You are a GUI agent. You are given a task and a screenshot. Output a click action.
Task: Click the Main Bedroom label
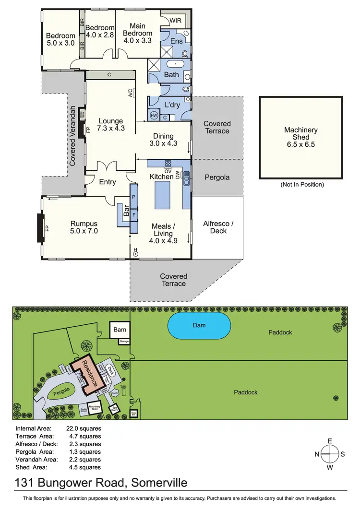pyautogui.click(x=137, y=33)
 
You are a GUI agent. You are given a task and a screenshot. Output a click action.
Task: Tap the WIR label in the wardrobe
pyautogui.click(x=175, y=21)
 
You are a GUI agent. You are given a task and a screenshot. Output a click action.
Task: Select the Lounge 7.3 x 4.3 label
pyautogui.click(x=111, y=125)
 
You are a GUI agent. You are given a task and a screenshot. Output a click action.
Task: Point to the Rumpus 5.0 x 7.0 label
pyautogui.click(x=84, y=227)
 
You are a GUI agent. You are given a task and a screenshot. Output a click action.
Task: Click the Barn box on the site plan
pyautogui.click(x=119, y=330)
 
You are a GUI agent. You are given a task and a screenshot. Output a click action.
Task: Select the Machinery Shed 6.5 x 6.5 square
pyautogui.click(x=301, y=137)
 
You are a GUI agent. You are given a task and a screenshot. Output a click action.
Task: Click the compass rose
pyautogui.click(x=329, y=453)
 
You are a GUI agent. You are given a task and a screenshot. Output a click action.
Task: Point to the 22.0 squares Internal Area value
pyautogui.click(x=84, y=428)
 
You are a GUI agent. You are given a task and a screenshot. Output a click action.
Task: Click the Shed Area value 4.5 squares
pyautogui.click(x=84, y=467)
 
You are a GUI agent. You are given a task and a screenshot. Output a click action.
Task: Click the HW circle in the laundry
pyautogui.click(x=154, y=116)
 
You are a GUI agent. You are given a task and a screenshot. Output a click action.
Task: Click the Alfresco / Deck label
pyautogui.click(x=218, y=227)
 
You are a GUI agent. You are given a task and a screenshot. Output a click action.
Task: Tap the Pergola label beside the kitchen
pyautogui.click(x=217, y=177)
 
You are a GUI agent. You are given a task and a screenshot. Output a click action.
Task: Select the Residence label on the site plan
pyautogui.click(x=90, y=373)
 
